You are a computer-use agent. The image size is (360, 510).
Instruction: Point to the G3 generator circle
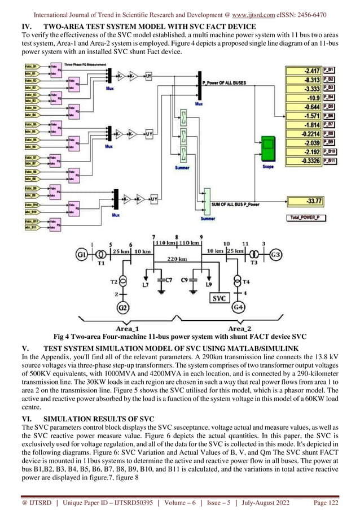coord(275,254)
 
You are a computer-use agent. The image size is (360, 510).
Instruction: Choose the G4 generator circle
coord(238,308)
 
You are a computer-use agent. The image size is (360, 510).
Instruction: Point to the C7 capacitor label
coord(168,280)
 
